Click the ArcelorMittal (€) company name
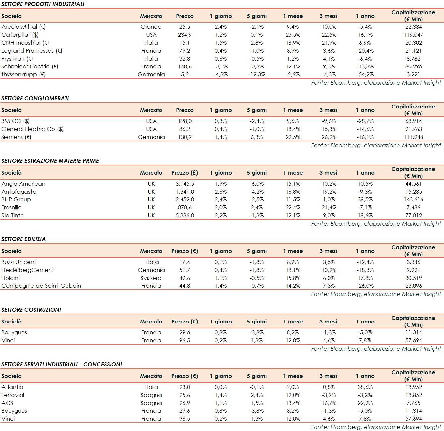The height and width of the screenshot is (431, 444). [23, 27]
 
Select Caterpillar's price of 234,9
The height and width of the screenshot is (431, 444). [185, 35]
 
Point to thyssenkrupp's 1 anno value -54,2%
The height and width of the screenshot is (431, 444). [365, 74]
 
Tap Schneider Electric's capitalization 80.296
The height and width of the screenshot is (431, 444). [413, 66]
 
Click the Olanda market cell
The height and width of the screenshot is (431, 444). [151, 27]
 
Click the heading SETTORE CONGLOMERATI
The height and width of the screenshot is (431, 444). [35, 98]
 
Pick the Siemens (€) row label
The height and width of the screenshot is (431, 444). [16, 137]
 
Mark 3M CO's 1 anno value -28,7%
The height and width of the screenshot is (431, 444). [365, 121]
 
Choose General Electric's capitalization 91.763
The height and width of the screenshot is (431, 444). [413, 129]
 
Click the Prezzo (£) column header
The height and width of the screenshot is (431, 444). [185, 173]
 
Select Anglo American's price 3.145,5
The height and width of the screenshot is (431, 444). [185, 184]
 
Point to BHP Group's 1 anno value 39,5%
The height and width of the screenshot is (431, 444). [365, 199]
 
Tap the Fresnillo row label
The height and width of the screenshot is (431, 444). [12, 207]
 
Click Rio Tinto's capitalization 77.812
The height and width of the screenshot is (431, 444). [413, 215]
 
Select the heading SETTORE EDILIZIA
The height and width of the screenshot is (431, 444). [23, 239]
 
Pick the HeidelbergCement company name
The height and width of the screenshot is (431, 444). [27, 270]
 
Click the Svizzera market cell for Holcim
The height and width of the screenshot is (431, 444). [151, 278]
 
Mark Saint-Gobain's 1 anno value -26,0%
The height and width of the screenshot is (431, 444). [365, 286]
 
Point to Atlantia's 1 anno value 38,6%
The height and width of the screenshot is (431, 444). [365, 387]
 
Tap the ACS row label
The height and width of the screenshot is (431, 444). [7, 403]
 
